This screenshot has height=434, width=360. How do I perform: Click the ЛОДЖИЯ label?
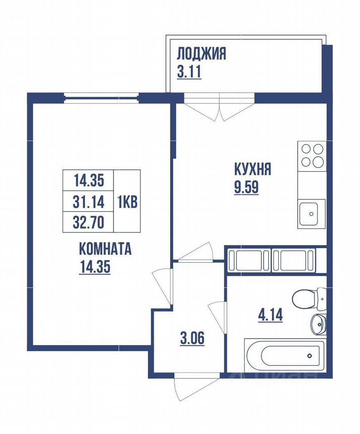tap(201, 54)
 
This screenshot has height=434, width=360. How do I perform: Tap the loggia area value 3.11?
tap(189, 72)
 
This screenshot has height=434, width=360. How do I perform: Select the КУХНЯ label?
tap(252, 170)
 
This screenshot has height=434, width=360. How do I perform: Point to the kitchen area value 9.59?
tap(246, 187)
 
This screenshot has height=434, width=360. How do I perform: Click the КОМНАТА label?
tap(105, 249)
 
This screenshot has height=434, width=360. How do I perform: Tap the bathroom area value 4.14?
tap(270, 314)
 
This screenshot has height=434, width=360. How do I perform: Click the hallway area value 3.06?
tap(192, 338)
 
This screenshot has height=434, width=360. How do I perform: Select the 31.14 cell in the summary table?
tap(89, 202)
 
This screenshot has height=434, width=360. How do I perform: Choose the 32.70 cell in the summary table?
tap(89, 222)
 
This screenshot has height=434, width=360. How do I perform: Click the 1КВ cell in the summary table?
tap(128, 202)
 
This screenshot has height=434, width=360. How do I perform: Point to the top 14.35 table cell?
tap(89, 180)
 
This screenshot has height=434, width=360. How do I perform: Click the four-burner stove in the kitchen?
tap(312, 155)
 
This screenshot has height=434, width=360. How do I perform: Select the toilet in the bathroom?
tap(308, 298)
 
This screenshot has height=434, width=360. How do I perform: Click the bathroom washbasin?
tap(318, 323)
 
